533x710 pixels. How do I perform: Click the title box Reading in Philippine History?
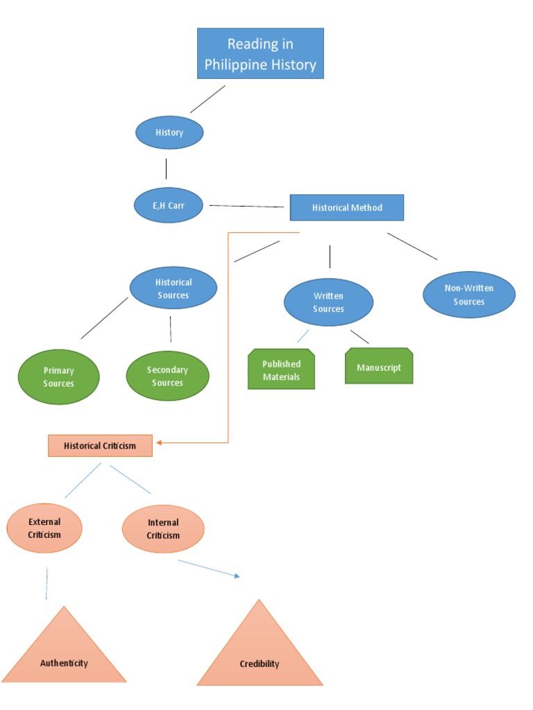tap(260, 53)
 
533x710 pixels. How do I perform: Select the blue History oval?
tap(169, 132)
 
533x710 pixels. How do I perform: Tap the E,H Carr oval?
tap(169, 206)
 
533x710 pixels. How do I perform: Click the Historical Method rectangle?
tap(346, 207)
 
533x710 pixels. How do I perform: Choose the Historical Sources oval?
tap(174, 288)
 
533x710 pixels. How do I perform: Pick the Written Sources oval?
tap(328, 302)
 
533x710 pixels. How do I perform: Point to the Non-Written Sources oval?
tap(469, 295)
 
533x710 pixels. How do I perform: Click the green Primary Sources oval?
tap(58, 377)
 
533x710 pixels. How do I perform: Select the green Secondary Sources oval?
tap(167, 376)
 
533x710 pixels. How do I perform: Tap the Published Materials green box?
tap(281, 370)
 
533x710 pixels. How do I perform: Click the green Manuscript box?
tap(379, 367)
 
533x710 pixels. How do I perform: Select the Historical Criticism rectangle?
tap(100, 445)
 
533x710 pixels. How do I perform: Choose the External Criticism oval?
tap(44, 528)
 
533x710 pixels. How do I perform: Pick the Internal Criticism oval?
tap(163, 529)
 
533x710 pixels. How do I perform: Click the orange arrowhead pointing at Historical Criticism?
tap(160, 442)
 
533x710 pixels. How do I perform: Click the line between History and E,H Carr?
tap(166, 168)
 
